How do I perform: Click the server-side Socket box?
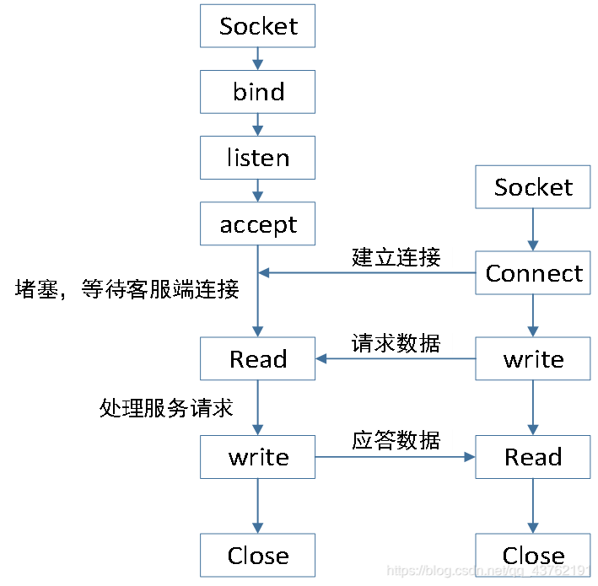click(x=257, y=26)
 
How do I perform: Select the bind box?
click(x=257, y=92)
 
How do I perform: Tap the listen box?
click(x=257, y=158)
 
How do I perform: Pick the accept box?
click(x=257, y=224)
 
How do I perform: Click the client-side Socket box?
click(x=533, y=187)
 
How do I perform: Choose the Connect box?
click(x=533, y=273)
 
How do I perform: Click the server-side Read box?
click(x=257, y=359)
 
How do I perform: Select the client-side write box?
click(x=533, y=359)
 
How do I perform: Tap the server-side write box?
click(x=257, y=457)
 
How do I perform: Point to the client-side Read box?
click(x=533, y=457)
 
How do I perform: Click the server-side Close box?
click(x=257, y=556)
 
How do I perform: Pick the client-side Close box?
click(x=533, y=556)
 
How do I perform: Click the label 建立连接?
click(x=396, y=256)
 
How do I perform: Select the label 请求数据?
click(x=396, y=343)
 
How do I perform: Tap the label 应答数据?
click(x=396, y=440)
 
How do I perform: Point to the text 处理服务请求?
click(x=165, y=409)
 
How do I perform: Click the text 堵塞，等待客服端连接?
click(x=127, y=290)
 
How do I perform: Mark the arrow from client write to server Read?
click(x=396, y=359)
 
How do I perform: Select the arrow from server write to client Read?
click(x=396, y=457)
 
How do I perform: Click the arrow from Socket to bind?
click(x=258, y=59)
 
